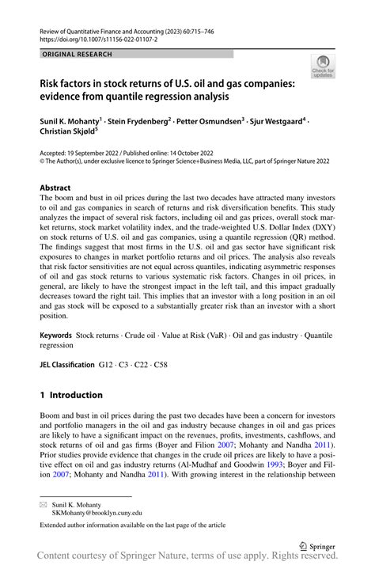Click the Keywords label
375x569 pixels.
62,336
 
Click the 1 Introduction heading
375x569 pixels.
71,394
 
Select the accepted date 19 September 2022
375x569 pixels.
100,155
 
